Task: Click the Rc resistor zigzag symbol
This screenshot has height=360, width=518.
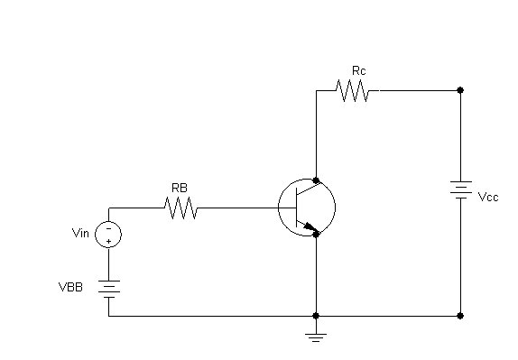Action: [x=353, y=90]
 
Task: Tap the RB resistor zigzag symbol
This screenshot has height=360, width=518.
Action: [x=180, y=208]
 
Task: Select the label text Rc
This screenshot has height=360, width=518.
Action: [x=359, y=70]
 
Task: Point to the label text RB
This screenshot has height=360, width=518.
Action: [x=180, y=188]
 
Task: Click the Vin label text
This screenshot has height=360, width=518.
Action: [x=80, y=233]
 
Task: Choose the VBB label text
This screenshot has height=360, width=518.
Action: [x=70, y=287]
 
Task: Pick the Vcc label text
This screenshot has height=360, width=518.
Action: [x=488, y=198]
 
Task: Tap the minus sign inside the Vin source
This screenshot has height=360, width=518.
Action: [x=108, y=228]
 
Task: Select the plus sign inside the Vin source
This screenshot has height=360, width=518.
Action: [x=108, y=241]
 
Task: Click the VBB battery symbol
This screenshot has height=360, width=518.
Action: [x=108, y=289]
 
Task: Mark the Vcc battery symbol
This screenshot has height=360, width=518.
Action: [x=460, y=189]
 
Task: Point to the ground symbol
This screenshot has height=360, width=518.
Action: [x=316, y=337]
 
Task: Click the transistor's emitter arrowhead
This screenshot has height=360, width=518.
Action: [x=310, y=226]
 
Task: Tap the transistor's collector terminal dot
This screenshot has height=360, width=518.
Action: [x=316, y=180]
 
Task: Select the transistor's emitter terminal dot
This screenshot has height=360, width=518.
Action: [x=316, y=235]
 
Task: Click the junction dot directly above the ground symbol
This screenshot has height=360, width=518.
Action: [x=316, y=316]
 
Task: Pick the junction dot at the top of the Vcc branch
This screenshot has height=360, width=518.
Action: [x=460, y=90]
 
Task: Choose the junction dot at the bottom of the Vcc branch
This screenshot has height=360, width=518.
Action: [x=460, y=316]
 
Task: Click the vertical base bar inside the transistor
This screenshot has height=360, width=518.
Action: [x=297, y=208]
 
